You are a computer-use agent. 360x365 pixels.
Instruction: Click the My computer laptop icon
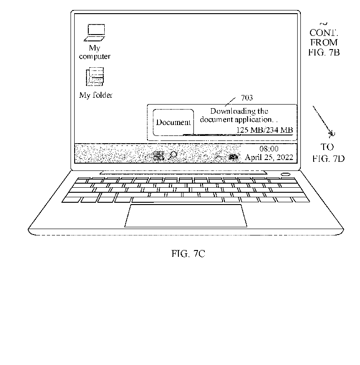pos(94,33)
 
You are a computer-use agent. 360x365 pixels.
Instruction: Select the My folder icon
pos(95,76)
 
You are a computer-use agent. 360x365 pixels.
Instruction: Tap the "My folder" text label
pos(96,95)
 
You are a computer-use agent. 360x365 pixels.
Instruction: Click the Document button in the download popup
pos(173,122)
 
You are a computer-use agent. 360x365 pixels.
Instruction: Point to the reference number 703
pos(247,98)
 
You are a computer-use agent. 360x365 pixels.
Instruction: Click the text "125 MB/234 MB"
pos(264,130)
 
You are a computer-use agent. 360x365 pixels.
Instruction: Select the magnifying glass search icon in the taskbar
pos(173,155)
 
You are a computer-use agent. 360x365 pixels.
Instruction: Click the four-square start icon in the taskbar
pos(159,156)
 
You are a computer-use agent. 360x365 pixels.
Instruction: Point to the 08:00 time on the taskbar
pos(269,149)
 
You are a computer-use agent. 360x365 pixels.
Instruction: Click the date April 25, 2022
pos(269,158)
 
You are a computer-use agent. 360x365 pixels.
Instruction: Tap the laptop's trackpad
pos(186,216)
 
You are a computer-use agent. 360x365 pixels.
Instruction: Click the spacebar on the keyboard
pos(177,200)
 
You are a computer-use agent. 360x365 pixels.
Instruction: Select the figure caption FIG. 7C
pos(188,254)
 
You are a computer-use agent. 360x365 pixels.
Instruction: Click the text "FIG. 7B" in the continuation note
pos(324,52)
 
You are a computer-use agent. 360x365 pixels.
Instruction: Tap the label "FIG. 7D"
pos(328,159)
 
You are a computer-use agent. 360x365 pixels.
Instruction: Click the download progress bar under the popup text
pos(238,135)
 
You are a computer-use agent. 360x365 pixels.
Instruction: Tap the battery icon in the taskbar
pos(233,157)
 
